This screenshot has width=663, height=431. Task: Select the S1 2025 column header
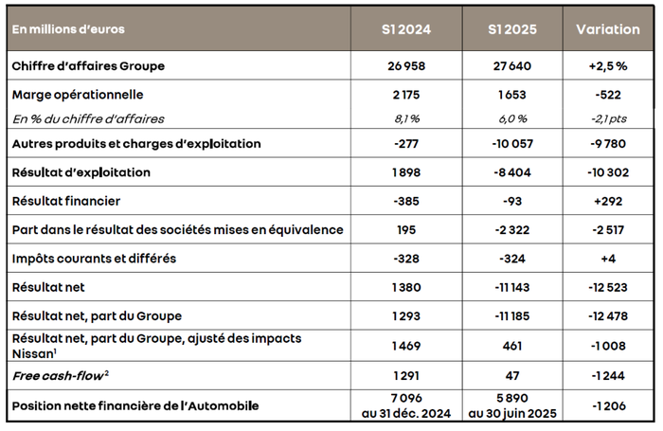pyautogui.click(x=512, y=29)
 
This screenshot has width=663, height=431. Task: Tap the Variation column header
pyautogui.click(x=607, y=29)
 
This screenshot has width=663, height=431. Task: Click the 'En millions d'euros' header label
pyautogui.click(x=68, y=29)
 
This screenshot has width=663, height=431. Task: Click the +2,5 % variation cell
pyautogui.click(x=607, y=66)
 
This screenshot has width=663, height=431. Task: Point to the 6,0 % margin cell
pyautogui.click(x=512, y=118)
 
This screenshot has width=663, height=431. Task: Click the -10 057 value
pyautogui.click(x=512, y=144)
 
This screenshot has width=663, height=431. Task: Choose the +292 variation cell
pyautogui.click(x=607, y=201)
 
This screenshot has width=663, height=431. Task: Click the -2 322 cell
pyautogui.click(x=512, y=230)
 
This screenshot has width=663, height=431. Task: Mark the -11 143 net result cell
pyautogui.click(x=512, y=286)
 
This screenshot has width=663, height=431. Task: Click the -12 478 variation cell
pyautogui.click(x=607, y=314)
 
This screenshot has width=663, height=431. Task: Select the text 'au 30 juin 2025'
pyautogui.click(x=512, y=413)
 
